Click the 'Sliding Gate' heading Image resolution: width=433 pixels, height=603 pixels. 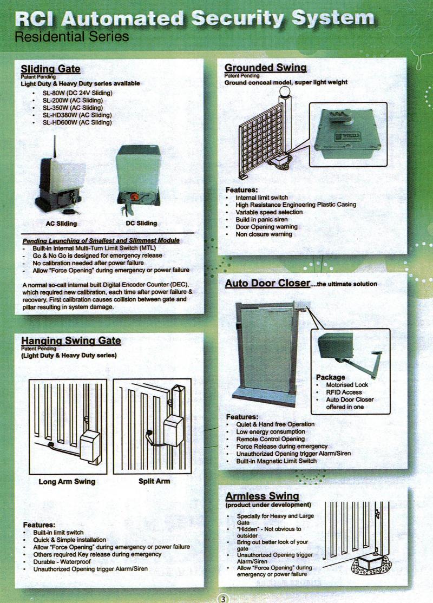[50, 69]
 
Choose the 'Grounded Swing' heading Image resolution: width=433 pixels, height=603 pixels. [265, 68]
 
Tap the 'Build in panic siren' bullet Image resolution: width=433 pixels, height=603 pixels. [262, 220]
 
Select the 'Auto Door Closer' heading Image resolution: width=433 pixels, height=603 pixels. [267, 284]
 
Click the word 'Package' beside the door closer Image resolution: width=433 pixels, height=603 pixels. [330, 377]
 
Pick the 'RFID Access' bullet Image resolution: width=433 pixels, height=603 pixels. [344, 392]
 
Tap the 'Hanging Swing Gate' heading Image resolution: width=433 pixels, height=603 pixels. [71, 341]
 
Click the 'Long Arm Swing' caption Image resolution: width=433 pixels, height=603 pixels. [67, 481]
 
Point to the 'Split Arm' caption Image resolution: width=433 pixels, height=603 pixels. [154, 481]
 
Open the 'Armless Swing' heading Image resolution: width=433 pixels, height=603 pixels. [261, 496]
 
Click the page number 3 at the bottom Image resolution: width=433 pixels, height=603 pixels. [223, 599]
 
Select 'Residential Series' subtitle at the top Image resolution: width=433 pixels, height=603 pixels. [72, 37]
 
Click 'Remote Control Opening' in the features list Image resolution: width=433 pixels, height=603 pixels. [270, 439]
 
